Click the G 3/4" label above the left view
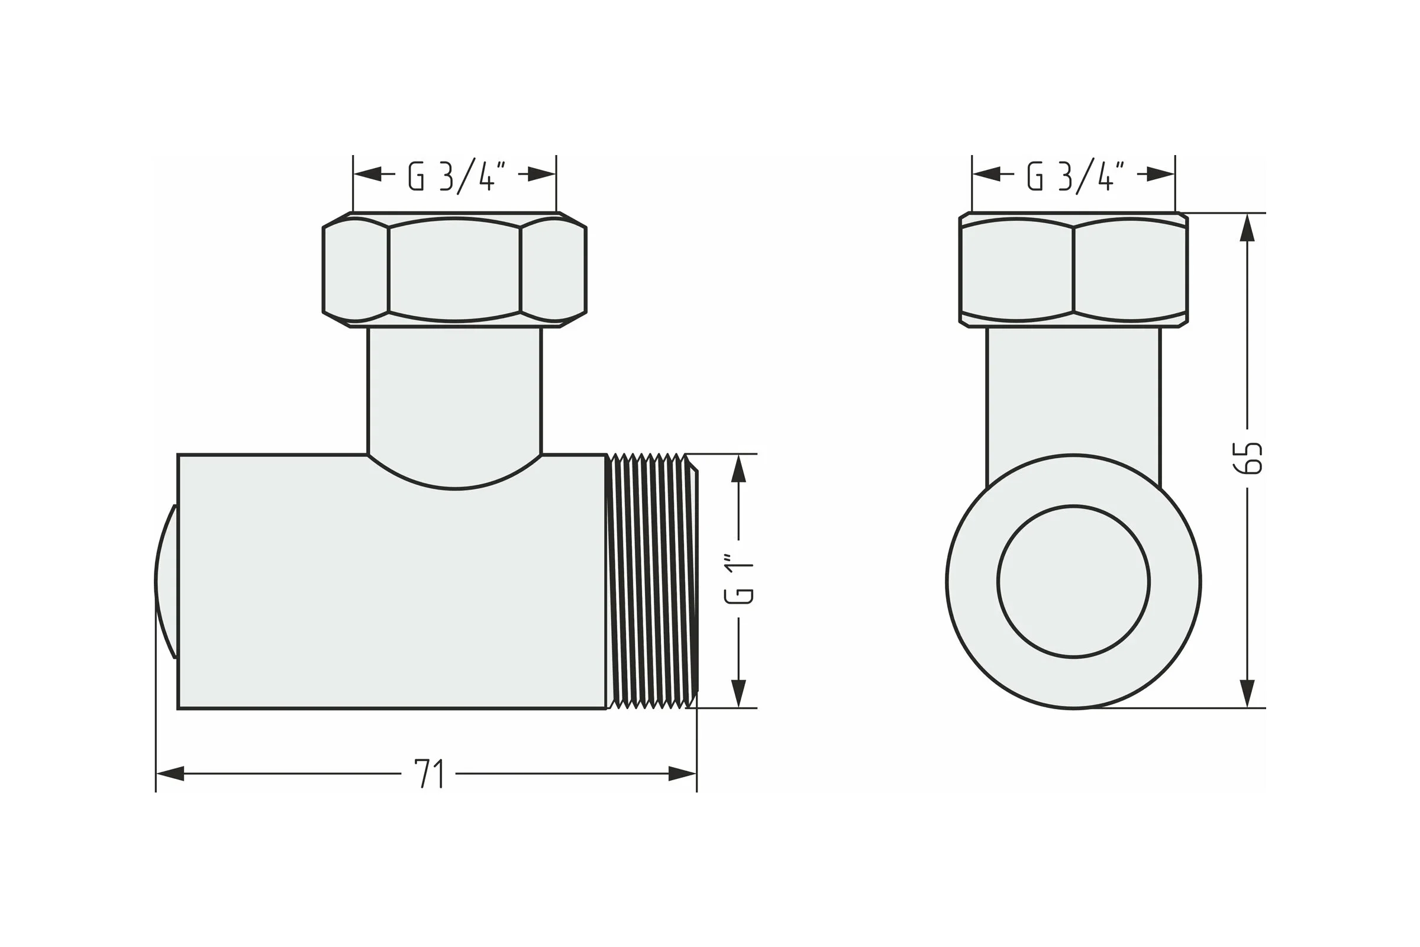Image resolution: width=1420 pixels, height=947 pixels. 456,176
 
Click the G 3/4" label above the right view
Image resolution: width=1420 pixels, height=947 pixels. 1075,176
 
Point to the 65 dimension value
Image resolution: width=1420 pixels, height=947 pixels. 1247,458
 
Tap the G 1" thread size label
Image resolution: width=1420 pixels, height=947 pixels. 738,579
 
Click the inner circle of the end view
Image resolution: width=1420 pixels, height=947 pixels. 1073,582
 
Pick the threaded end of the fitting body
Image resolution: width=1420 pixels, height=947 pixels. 652,581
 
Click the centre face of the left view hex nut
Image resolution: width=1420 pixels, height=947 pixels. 454,269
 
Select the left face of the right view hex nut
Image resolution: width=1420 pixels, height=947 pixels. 1016,269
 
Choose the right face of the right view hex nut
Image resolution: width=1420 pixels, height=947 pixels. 1130,269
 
